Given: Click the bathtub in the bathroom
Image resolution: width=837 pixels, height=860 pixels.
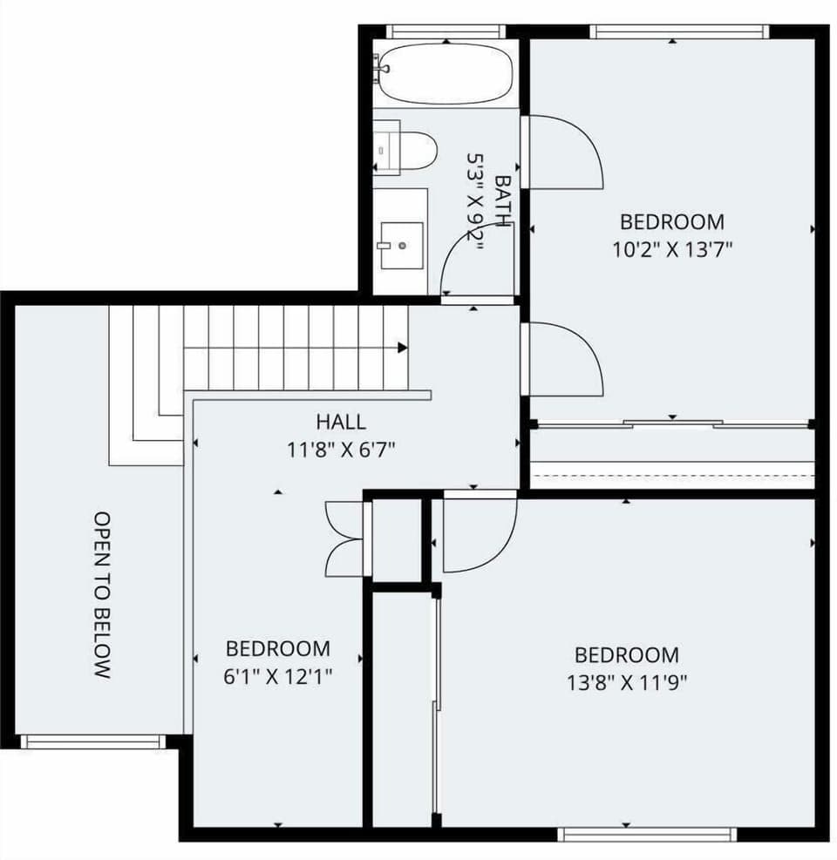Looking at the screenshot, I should point(445,73).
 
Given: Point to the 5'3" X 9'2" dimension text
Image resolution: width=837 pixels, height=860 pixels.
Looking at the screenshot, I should point(476,202).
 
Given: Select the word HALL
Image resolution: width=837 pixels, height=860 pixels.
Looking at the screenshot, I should point(341,423).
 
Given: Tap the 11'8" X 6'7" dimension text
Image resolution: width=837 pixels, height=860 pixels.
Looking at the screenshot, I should point(341,450).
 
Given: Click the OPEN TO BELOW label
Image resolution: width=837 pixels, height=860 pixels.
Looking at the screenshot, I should point(102,595).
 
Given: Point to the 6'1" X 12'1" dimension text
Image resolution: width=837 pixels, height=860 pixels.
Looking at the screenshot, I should point(277,676).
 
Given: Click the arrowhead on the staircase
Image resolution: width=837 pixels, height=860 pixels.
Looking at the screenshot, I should point(403,348).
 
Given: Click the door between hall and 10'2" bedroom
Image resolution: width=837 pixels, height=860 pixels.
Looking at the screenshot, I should point(562,359).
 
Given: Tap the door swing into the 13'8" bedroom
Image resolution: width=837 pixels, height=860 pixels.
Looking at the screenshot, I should point(475,533).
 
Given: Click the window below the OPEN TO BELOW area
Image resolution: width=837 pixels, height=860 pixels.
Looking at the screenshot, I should point(92,741).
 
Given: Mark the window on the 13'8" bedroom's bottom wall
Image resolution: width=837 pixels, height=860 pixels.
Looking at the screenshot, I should point(647,835).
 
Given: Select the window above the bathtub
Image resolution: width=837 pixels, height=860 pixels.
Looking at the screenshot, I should point(446,31).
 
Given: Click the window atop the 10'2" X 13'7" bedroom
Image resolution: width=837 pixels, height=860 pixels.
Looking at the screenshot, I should point(679,31).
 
